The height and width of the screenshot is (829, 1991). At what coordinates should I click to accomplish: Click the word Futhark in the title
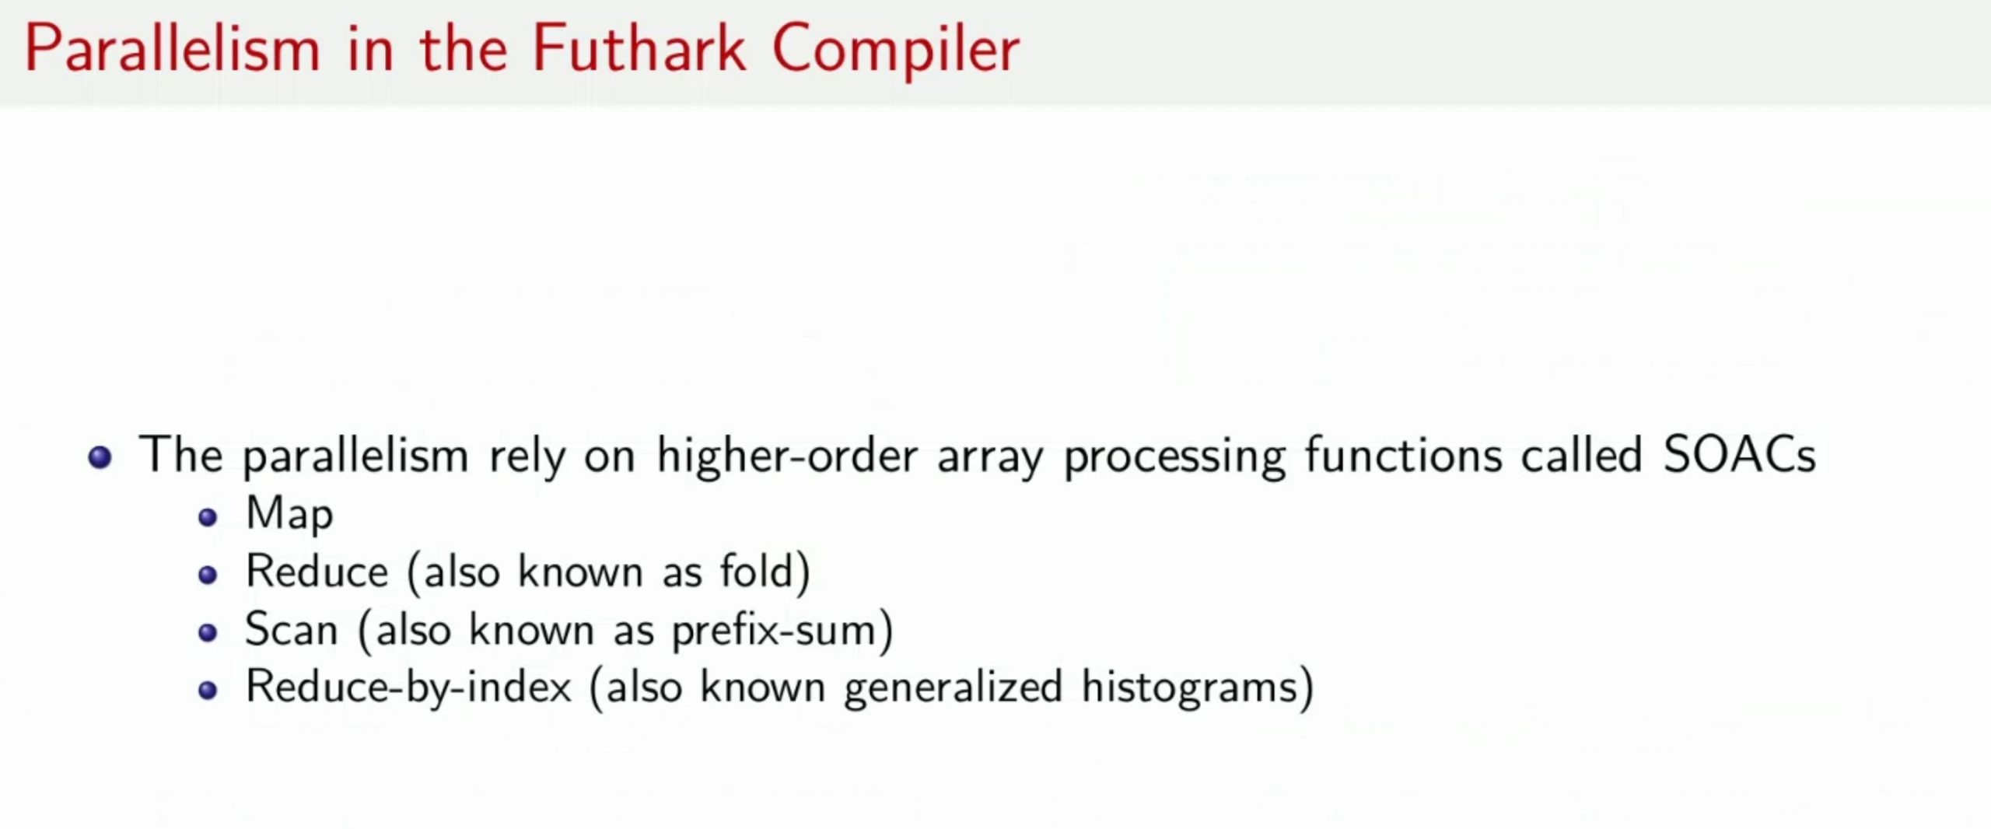pyautogui.click(x=639, y=48)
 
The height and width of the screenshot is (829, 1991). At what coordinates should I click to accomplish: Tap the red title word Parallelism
pyautogui.click(x=173, y=48)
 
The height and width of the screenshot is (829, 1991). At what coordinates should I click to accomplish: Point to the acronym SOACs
pyautogui.click(x=1739, y=455)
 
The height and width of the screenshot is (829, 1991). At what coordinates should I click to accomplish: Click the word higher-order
pyautogui.click(x=787, y=457)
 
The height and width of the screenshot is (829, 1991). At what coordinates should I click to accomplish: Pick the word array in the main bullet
pyautogui.click(x=990, y=461)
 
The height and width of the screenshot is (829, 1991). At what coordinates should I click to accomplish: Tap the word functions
pyautogui.click(x=1404, y=455)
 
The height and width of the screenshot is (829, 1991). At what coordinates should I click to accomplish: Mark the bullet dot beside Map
pyautogui.click(x=208, y=518)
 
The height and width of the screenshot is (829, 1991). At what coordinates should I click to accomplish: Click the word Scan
pyautogui.click(x=291, y=629)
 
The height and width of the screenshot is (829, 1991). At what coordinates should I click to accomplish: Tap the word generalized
pyautogui.click(x=953, y=689)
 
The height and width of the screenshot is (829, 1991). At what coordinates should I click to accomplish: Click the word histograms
pyautogui.click(x=1189, y=689)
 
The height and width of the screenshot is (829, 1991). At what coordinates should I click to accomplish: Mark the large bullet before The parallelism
pyautogui.click(x=100, y=457)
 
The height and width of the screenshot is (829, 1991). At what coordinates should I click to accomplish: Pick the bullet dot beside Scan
pyautogui.click(x=208, y=633)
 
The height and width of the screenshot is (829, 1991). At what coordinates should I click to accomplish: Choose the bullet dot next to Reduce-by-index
pyautogui.click(x=208, y=691)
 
